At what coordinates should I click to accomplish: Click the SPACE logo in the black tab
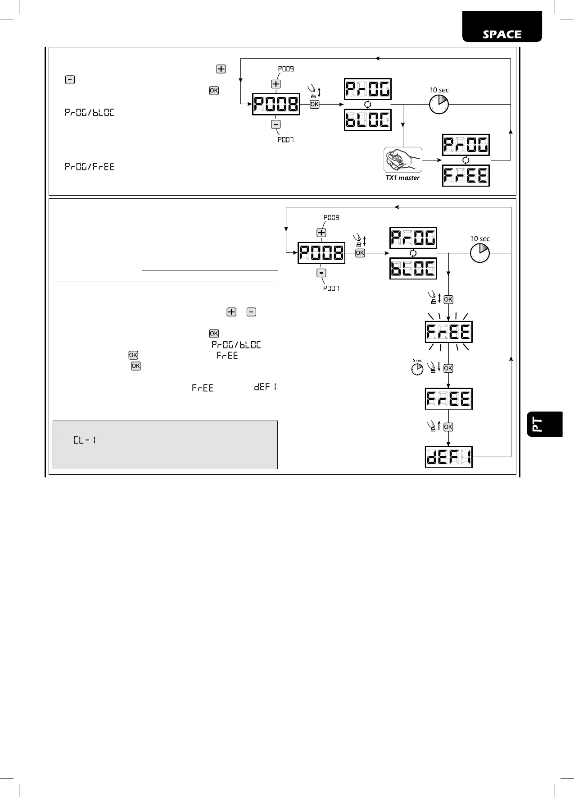click(502, 35)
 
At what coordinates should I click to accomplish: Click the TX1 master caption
click(402, 178)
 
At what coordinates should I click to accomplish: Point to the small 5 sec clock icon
click(417, 369)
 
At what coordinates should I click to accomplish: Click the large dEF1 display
click(448, 457)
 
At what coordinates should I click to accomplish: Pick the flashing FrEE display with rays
click(448, 332)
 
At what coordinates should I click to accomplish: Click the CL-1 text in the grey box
click(85, 440)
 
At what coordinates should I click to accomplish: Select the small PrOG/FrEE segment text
click(90, 167)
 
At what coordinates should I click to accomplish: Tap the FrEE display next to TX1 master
click(466, 175)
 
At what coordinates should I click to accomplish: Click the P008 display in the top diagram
click(276, 105)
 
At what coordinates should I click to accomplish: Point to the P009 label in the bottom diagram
click(331, 217)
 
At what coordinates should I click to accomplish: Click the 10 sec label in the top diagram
click(439, 90)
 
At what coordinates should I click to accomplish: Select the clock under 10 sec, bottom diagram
click(480, 253)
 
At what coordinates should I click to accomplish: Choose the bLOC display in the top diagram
click(368, 120)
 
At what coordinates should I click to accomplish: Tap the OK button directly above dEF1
click(448, 427)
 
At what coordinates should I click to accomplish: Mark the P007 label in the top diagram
click(285, 140)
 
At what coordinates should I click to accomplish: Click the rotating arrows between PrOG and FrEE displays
click(466, 160)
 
